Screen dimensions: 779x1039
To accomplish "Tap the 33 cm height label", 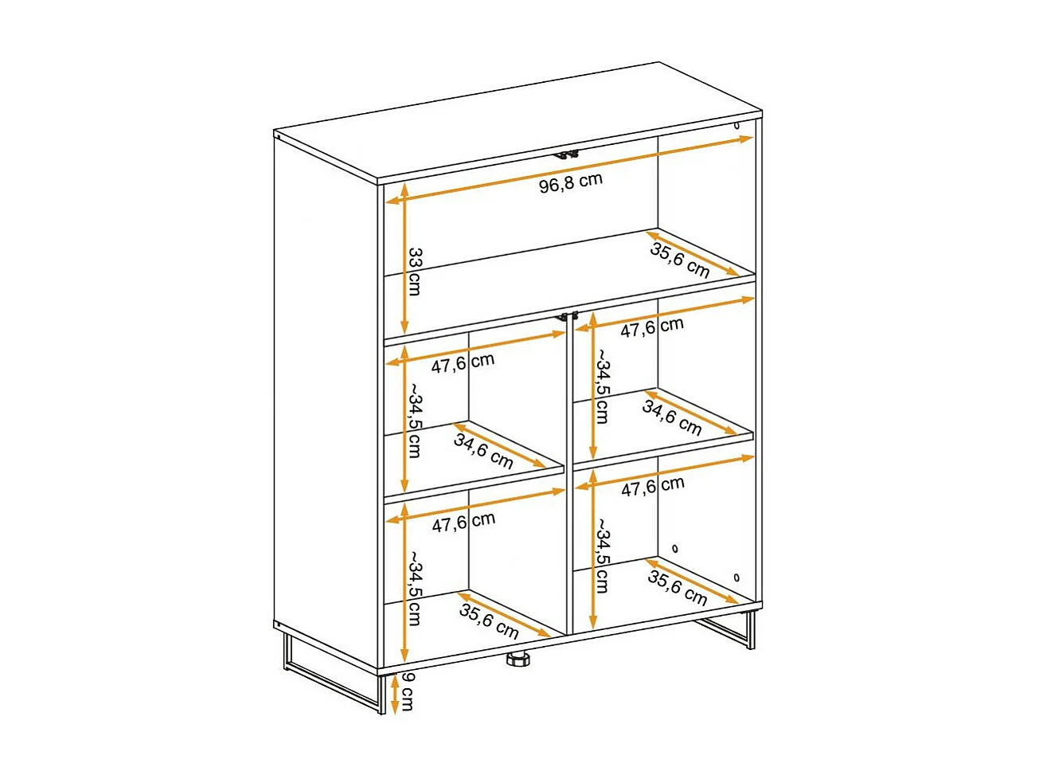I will [x=415, y=272].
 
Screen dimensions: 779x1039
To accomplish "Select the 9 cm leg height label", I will [x=406, y=691].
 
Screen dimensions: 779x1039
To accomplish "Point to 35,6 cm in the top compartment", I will [x=679, y=260].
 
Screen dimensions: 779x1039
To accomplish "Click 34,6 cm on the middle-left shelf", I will [x=483, y=451].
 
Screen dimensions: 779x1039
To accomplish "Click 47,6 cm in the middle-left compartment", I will [x=463, y=363].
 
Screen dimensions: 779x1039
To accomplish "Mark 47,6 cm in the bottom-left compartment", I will [x=463, y=523].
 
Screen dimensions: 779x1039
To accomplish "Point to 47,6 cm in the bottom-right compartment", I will [x=652, y=486].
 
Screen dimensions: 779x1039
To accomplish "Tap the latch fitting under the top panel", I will [x=567, y=154].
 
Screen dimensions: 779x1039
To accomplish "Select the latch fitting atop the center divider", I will [x=567, y=316].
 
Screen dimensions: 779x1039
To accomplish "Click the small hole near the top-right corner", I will [x=736, y=125].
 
